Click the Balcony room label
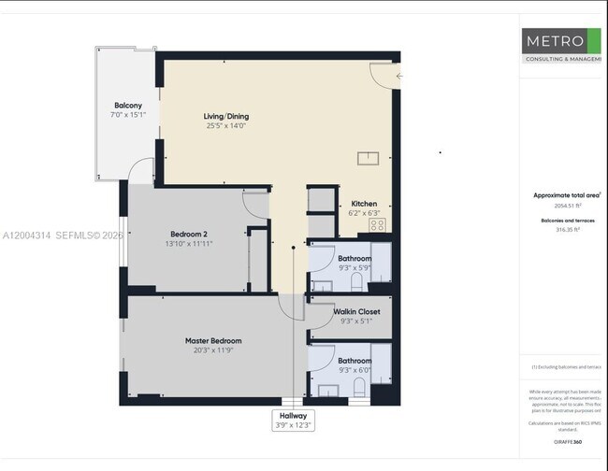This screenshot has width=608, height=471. pos(128,106)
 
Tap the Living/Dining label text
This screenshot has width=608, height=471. pos(226,117)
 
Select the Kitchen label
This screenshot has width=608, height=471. pos(364,204)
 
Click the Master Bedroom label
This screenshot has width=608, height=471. pos(213,341)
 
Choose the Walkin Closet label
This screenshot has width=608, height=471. pos(356,311)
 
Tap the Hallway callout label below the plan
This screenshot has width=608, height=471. pos(294,415)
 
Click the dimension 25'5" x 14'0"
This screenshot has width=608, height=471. pos(226,127)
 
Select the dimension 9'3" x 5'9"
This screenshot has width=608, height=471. pos(355,268)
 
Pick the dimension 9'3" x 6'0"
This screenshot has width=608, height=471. pos(355,370)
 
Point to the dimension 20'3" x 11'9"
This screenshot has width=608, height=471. pos(213,351)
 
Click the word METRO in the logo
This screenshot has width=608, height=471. pos(554,42)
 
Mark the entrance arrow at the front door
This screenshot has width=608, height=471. pos(399,76)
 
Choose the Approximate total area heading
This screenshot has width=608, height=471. pos(566,195)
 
